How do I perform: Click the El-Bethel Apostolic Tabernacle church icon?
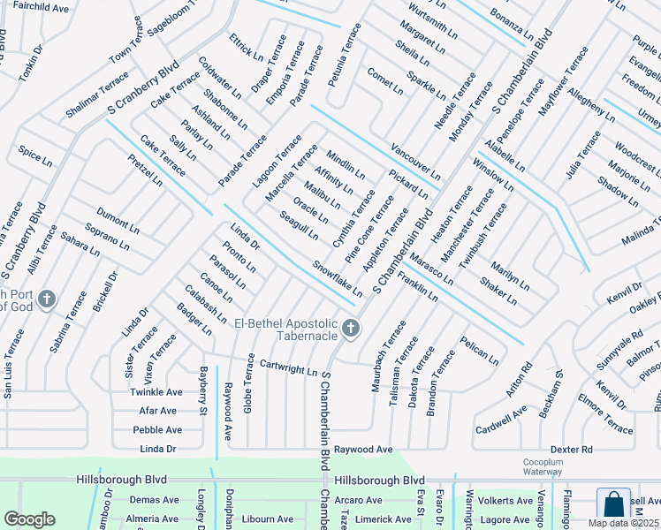click(351, 329)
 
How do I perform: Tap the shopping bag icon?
click(613, 505)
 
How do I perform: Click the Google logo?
click(29, 519)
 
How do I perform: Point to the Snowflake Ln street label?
click(337, 277)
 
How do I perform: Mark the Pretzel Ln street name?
click(145, 170)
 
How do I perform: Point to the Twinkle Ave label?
click(156, 391)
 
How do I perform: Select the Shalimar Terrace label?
click(96, 96)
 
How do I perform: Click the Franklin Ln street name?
click(418, 288)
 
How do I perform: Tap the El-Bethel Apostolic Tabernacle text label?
click(285, 329)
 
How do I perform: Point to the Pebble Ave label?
click(157, 429)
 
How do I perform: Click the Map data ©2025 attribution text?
click(622, 523)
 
